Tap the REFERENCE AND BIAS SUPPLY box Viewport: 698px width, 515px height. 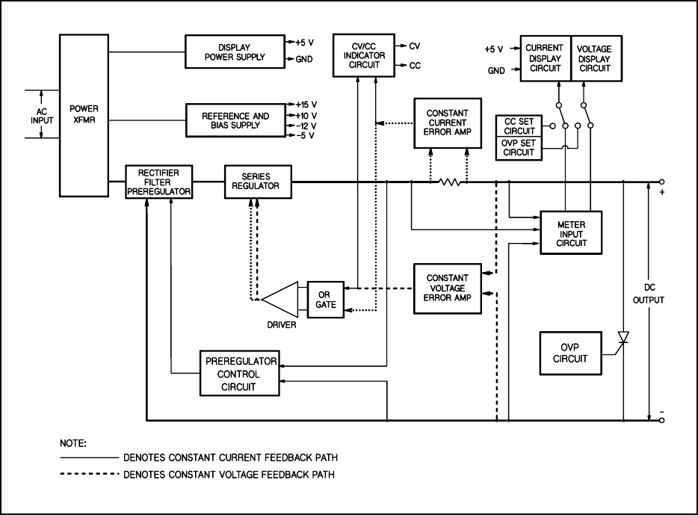(235, 120)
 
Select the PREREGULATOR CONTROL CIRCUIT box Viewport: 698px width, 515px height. (238, 373)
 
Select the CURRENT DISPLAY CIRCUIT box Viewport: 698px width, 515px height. (544, 58)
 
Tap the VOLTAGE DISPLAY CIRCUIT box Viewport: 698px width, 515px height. (595, 58)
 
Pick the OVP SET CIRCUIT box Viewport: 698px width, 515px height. (520, 147)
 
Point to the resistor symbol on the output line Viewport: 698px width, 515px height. (449, 182)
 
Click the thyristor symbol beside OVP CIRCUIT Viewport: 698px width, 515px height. (623, 338)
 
